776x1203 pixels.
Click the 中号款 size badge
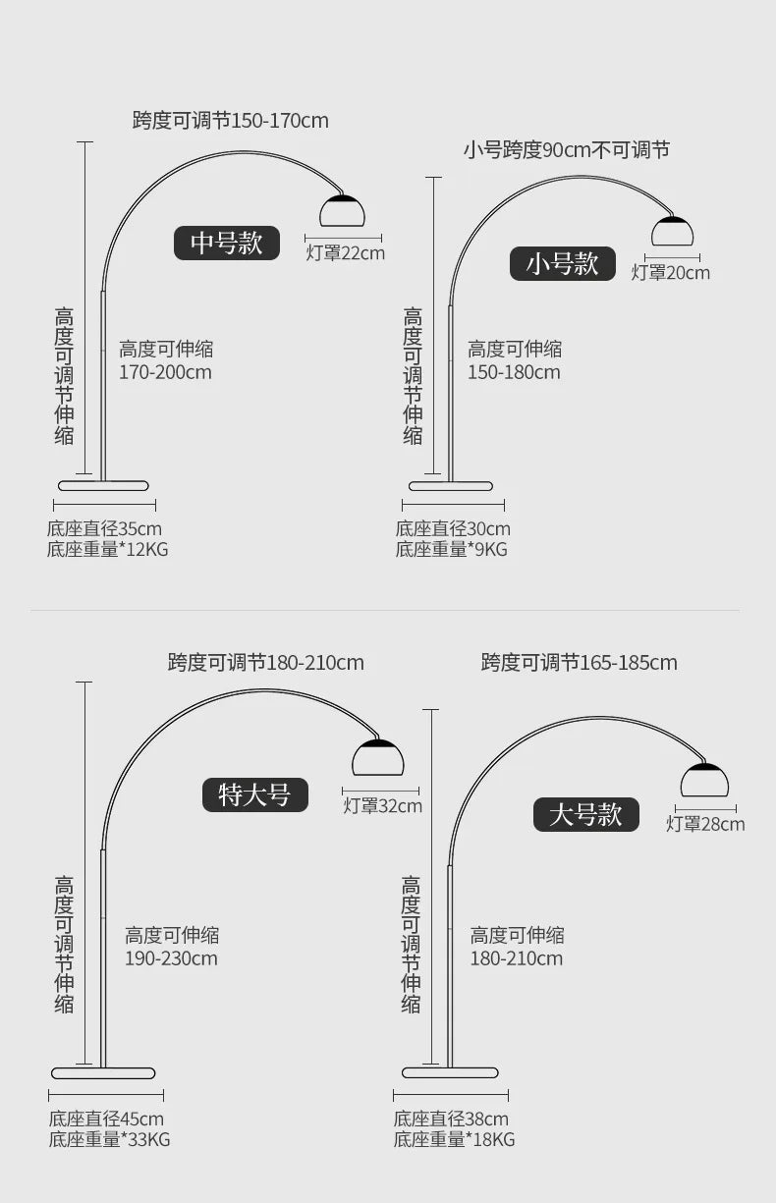(x=227, y=243)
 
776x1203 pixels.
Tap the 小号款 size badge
(x=562, y=263)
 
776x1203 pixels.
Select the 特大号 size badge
(x=255, y=794)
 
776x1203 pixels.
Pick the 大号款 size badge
(x=585, y=815)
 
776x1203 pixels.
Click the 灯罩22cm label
(x=346, y=253)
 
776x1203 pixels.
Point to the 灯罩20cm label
(x=670, y=273)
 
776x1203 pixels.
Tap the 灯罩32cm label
(x=382, y=805)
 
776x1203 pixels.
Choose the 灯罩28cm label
(x=705, y=824)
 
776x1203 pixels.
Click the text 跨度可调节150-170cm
(x=231, y=120)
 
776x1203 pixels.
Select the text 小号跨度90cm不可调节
(x=567, y=150)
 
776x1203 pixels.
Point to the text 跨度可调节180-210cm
(x=266, y=662)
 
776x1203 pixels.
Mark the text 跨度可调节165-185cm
(x=579, y=662)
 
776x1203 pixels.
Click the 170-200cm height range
(x=165, y=372)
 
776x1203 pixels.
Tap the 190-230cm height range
(x=171, y=958)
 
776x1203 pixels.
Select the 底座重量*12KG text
(x=107, y=549)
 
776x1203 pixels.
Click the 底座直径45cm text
(x=106, y=1119)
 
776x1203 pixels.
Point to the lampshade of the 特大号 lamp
(x=377, y=757)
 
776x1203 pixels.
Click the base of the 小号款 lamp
(x=451, y=486)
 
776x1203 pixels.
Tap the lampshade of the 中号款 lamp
(x=342, y=210)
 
